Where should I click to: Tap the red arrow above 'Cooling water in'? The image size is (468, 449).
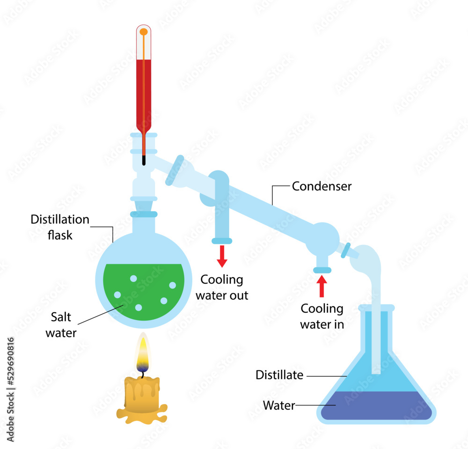322,286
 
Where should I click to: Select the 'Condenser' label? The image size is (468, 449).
322,186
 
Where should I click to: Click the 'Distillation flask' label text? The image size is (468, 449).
59,227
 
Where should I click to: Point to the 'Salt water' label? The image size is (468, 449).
61,325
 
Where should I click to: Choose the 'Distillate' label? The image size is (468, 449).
279,375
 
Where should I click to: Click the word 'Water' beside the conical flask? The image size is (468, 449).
279,405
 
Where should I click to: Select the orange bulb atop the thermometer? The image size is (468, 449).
144,32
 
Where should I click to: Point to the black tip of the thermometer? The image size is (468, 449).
144,160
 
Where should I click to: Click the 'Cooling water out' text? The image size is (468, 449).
222,287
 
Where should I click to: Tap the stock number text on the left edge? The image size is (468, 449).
10,389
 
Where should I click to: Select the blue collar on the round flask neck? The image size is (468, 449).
144,214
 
